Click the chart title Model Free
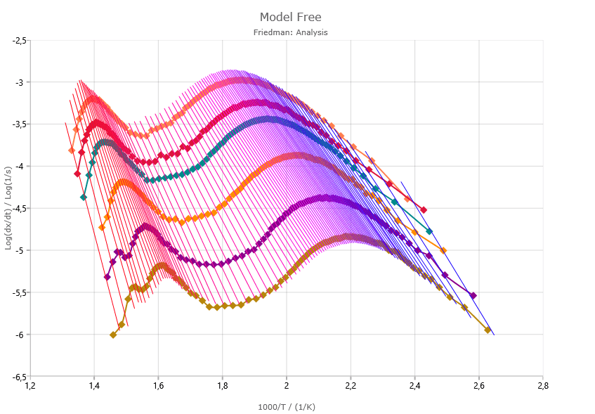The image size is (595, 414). pyautogui.click(x=290, y=17)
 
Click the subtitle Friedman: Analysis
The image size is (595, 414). pyautogui.click(x=290, y=32)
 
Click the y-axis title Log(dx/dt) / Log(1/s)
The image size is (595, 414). pyautogui.click(x=8, y=208)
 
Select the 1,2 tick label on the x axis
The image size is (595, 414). pyautogui.click(x=30, y=386)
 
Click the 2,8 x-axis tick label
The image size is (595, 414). pyautogui.click(x=542, y=386)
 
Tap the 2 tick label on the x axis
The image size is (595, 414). pyautogui.click(x=286, y=386)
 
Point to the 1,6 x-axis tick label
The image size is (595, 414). pyautogui.click(x=158, y=386)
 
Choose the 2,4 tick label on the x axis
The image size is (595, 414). pyautogui.click(x=414, y=386)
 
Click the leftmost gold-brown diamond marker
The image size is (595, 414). pyautogui.click(x=113, y=335)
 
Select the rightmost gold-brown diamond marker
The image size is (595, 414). pyautogui.click(x=488, y=330)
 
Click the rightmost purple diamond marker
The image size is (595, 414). pyautogui.click(x=473, y=296)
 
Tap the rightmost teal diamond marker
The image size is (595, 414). pyautogui.click(x=429, y=231)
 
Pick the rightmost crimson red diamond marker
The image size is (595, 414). pyautogui.click(x=424, y=209)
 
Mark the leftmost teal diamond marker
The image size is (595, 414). pyautogui.click(x=84, y=198)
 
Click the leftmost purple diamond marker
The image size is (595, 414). pyautogui.click(x=107, y=277)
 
